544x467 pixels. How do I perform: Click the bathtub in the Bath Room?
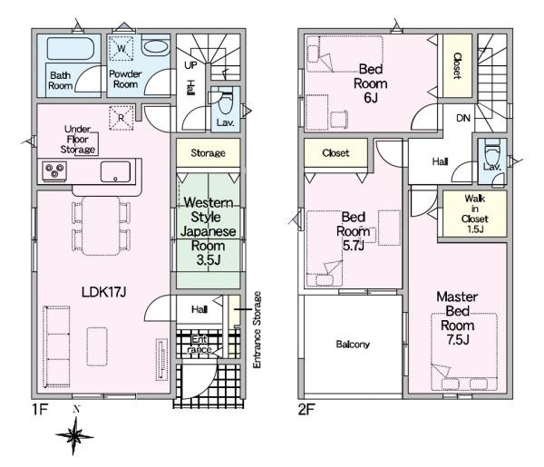coord(70,49)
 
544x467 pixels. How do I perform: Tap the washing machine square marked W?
coord(121,48)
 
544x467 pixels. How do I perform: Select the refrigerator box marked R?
coord(121,118)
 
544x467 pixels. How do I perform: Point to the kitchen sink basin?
coord(115,171)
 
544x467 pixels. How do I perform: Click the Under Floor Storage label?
coord(78,139)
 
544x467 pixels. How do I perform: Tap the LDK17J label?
coord(103,292)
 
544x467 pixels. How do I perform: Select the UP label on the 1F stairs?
coord(190,65)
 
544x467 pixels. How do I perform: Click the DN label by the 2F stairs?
coord(463,118)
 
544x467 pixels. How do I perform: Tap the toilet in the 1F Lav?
coord(225,102)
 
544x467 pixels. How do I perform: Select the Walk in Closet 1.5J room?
coord(475,214)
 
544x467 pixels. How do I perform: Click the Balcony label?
coord(353,345)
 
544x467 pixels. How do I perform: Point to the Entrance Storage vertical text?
coord(257,330)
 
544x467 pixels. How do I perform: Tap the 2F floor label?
coord(306,410)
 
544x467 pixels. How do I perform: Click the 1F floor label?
coord(40,410)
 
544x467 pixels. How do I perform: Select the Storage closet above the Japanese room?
coord(209,152)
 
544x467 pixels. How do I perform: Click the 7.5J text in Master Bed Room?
coord(458,340)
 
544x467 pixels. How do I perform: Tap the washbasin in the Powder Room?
coord(155,46)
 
